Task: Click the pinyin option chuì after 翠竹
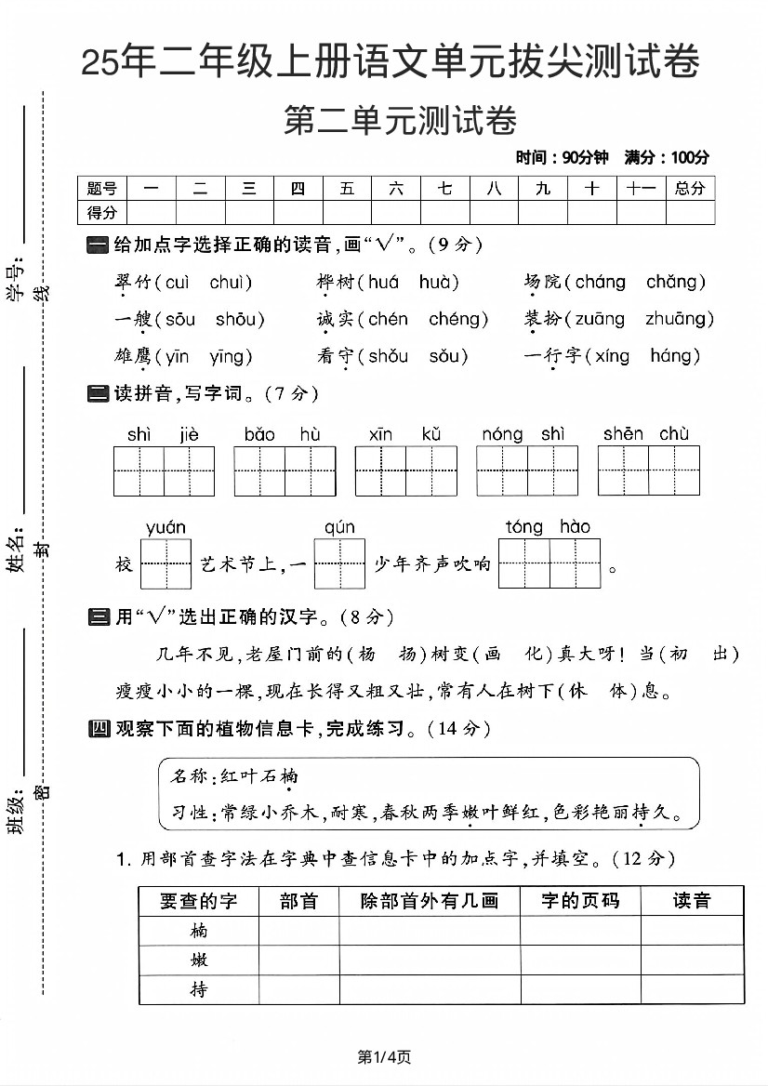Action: pyautogui.click(x=231, y=283)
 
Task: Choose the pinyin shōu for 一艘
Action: pyautogui.click(x=235, y=320)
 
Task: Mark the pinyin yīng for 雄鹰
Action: pyautogui.click(x=232, y=356)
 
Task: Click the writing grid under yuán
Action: pyautogui.click(x=166, y=563)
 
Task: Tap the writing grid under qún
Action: pyautogui.click(x=339, y=563)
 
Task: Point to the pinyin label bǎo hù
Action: pyautogui.click(x=283, y=434)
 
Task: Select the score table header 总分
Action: pyautogui.click(x=690, y=189)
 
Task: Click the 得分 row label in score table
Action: pyautogui.click(x=102, y=213)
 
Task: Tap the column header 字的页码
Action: pyautogui.click(x=580, y=900)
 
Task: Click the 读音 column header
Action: pyautogui.click(x=692, y=900)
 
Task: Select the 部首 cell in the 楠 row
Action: pyautogui.click(x=298, y=931)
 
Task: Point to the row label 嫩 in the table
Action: pyautogui.click(x=199, y=960)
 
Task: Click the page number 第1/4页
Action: pyautogui.click(x=384, y=1056)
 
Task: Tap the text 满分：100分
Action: pyautogui.click(x=667, y=157)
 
